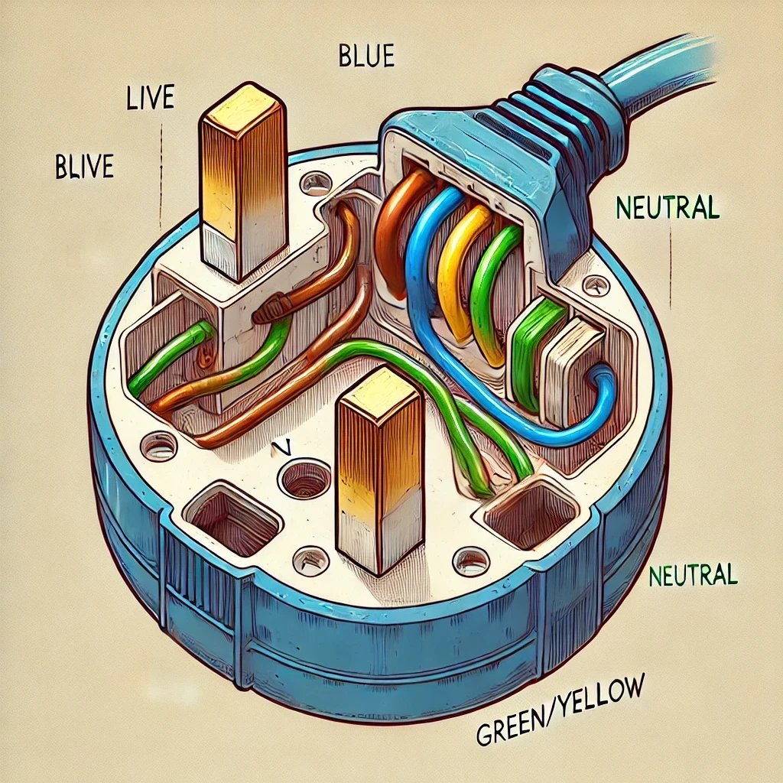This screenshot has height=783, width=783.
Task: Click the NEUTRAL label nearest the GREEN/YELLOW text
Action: [x=692, y=576]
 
